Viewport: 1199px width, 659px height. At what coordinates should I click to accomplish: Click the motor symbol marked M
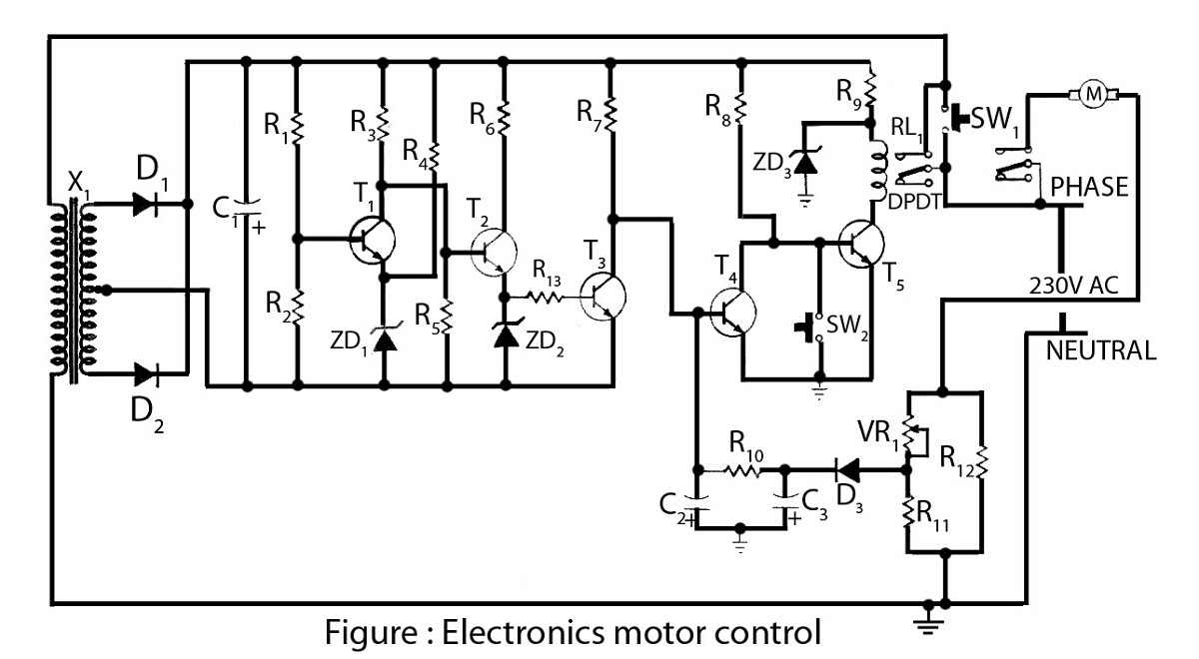point(1093,95)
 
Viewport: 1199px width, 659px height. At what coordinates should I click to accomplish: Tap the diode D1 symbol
point(145,204)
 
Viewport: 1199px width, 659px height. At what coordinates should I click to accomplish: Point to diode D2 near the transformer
point(146,374)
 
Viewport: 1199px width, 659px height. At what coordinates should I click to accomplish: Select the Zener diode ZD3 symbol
point(805,161)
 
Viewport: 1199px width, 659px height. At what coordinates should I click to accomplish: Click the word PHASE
point(1089,188)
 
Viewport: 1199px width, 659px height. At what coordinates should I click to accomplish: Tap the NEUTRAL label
point(1100,350)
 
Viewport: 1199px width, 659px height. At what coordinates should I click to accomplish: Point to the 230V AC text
point(1074,286)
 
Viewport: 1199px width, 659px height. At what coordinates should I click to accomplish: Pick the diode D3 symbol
point(848,470)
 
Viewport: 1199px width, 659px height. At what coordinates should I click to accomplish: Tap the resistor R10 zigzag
point(741,470)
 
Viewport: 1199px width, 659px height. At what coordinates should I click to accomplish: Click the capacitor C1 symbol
point(246,208)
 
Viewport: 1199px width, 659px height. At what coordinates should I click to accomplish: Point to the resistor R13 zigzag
point(545,297)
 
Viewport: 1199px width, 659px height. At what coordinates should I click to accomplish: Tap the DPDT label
point(914,202)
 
